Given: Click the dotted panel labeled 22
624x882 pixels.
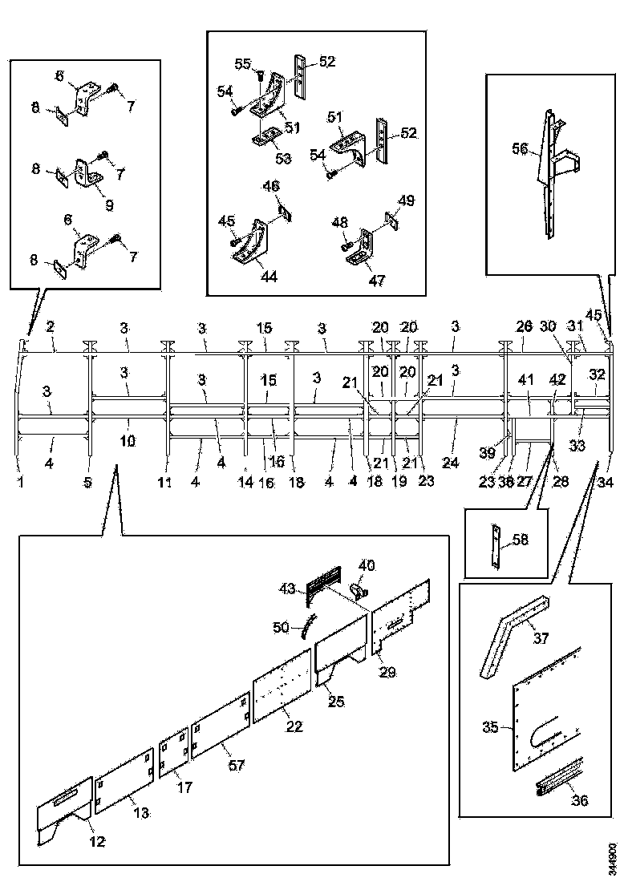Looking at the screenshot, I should [282, 686].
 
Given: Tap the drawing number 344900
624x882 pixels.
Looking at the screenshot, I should [612, 857].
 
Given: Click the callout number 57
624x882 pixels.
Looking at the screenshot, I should [236, 767].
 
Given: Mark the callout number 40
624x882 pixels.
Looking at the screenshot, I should [366, 565].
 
